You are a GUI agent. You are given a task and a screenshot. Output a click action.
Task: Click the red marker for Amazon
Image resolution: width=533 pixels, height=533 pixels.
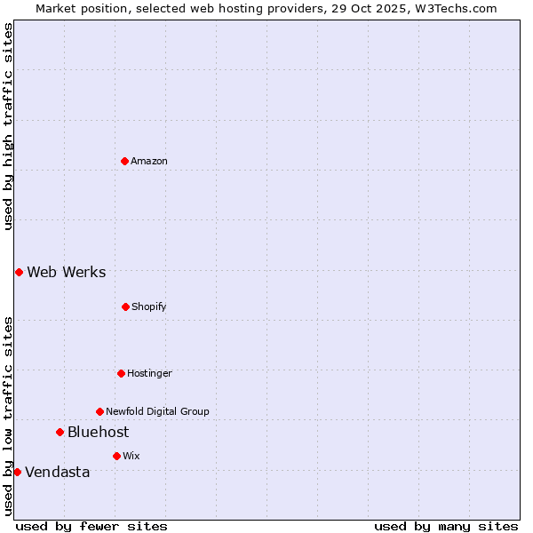(x=124, y=161)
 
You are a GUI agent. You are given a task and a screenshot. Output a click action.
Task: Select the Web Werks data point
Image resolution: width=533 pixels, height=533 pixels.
(x=19, y=272)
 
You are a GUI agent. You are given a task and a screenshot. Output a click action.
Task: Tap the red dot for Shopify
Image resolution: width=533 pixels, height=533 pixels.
(x=125, y=306)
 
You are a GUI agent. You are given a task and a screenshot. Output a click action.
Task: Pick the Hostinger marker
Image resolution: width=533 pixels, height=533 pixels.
(x=121, y=373)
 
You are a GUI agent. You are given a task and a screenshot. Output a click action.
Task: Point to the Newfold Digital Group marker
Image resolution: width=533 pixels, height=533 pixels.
(x=99, y=411)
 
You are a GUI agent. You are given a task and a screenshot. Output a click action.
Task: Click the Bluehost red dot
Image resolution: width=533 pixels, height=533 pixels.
(x=60, y=432)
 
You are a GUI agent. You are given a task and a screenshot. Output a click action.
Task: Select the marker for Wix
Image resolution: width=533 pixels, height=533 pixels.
(x=116, y=456)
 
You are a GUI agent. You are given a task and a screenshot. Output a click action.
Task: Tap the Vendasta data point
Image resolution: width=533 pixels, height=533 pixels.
(x=17, y=472)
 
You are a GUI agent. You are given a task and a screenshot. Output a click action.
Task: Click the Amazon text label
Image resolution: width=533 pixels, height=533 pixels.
(x=149, y=161)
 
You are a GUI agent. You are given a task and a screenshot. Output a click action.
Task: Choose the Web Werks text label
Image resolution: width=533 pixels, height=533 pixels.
(x=67, y=272)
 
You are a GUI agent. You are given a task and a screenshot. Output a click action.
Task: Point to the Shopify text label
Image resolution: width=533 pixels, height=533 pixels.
(x=149, y=306)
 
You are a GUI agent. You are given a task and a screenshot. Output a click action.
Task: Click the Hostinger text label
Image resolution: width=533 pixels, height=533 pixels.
(x=149, y=373)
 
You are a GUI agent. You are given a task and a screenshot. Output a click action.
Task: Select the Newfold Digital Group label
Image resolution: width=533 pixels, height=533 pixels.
(x=157, y=411)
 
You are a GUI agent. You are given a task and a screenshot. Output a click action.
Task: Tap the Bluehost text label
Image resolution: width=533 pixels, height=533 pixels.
(x=98, y=432)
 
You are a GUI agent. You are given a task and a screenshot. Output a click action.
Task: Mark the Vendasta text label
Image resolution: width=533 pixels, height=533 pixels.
(x=58, y=472)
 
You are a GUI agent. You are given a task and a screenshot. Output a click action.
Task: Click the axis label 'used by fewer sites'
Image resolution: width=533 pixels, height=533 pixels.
(x=91, y=526)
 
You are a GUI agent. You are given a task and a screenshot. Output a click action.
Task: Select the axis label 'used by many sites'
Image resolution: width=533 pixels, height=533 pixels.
(x=446, y=526)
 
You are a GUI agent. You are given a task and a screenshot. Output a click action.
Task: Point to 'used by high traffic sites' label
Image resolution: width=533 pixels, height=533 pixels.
(x=8, y=126)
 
